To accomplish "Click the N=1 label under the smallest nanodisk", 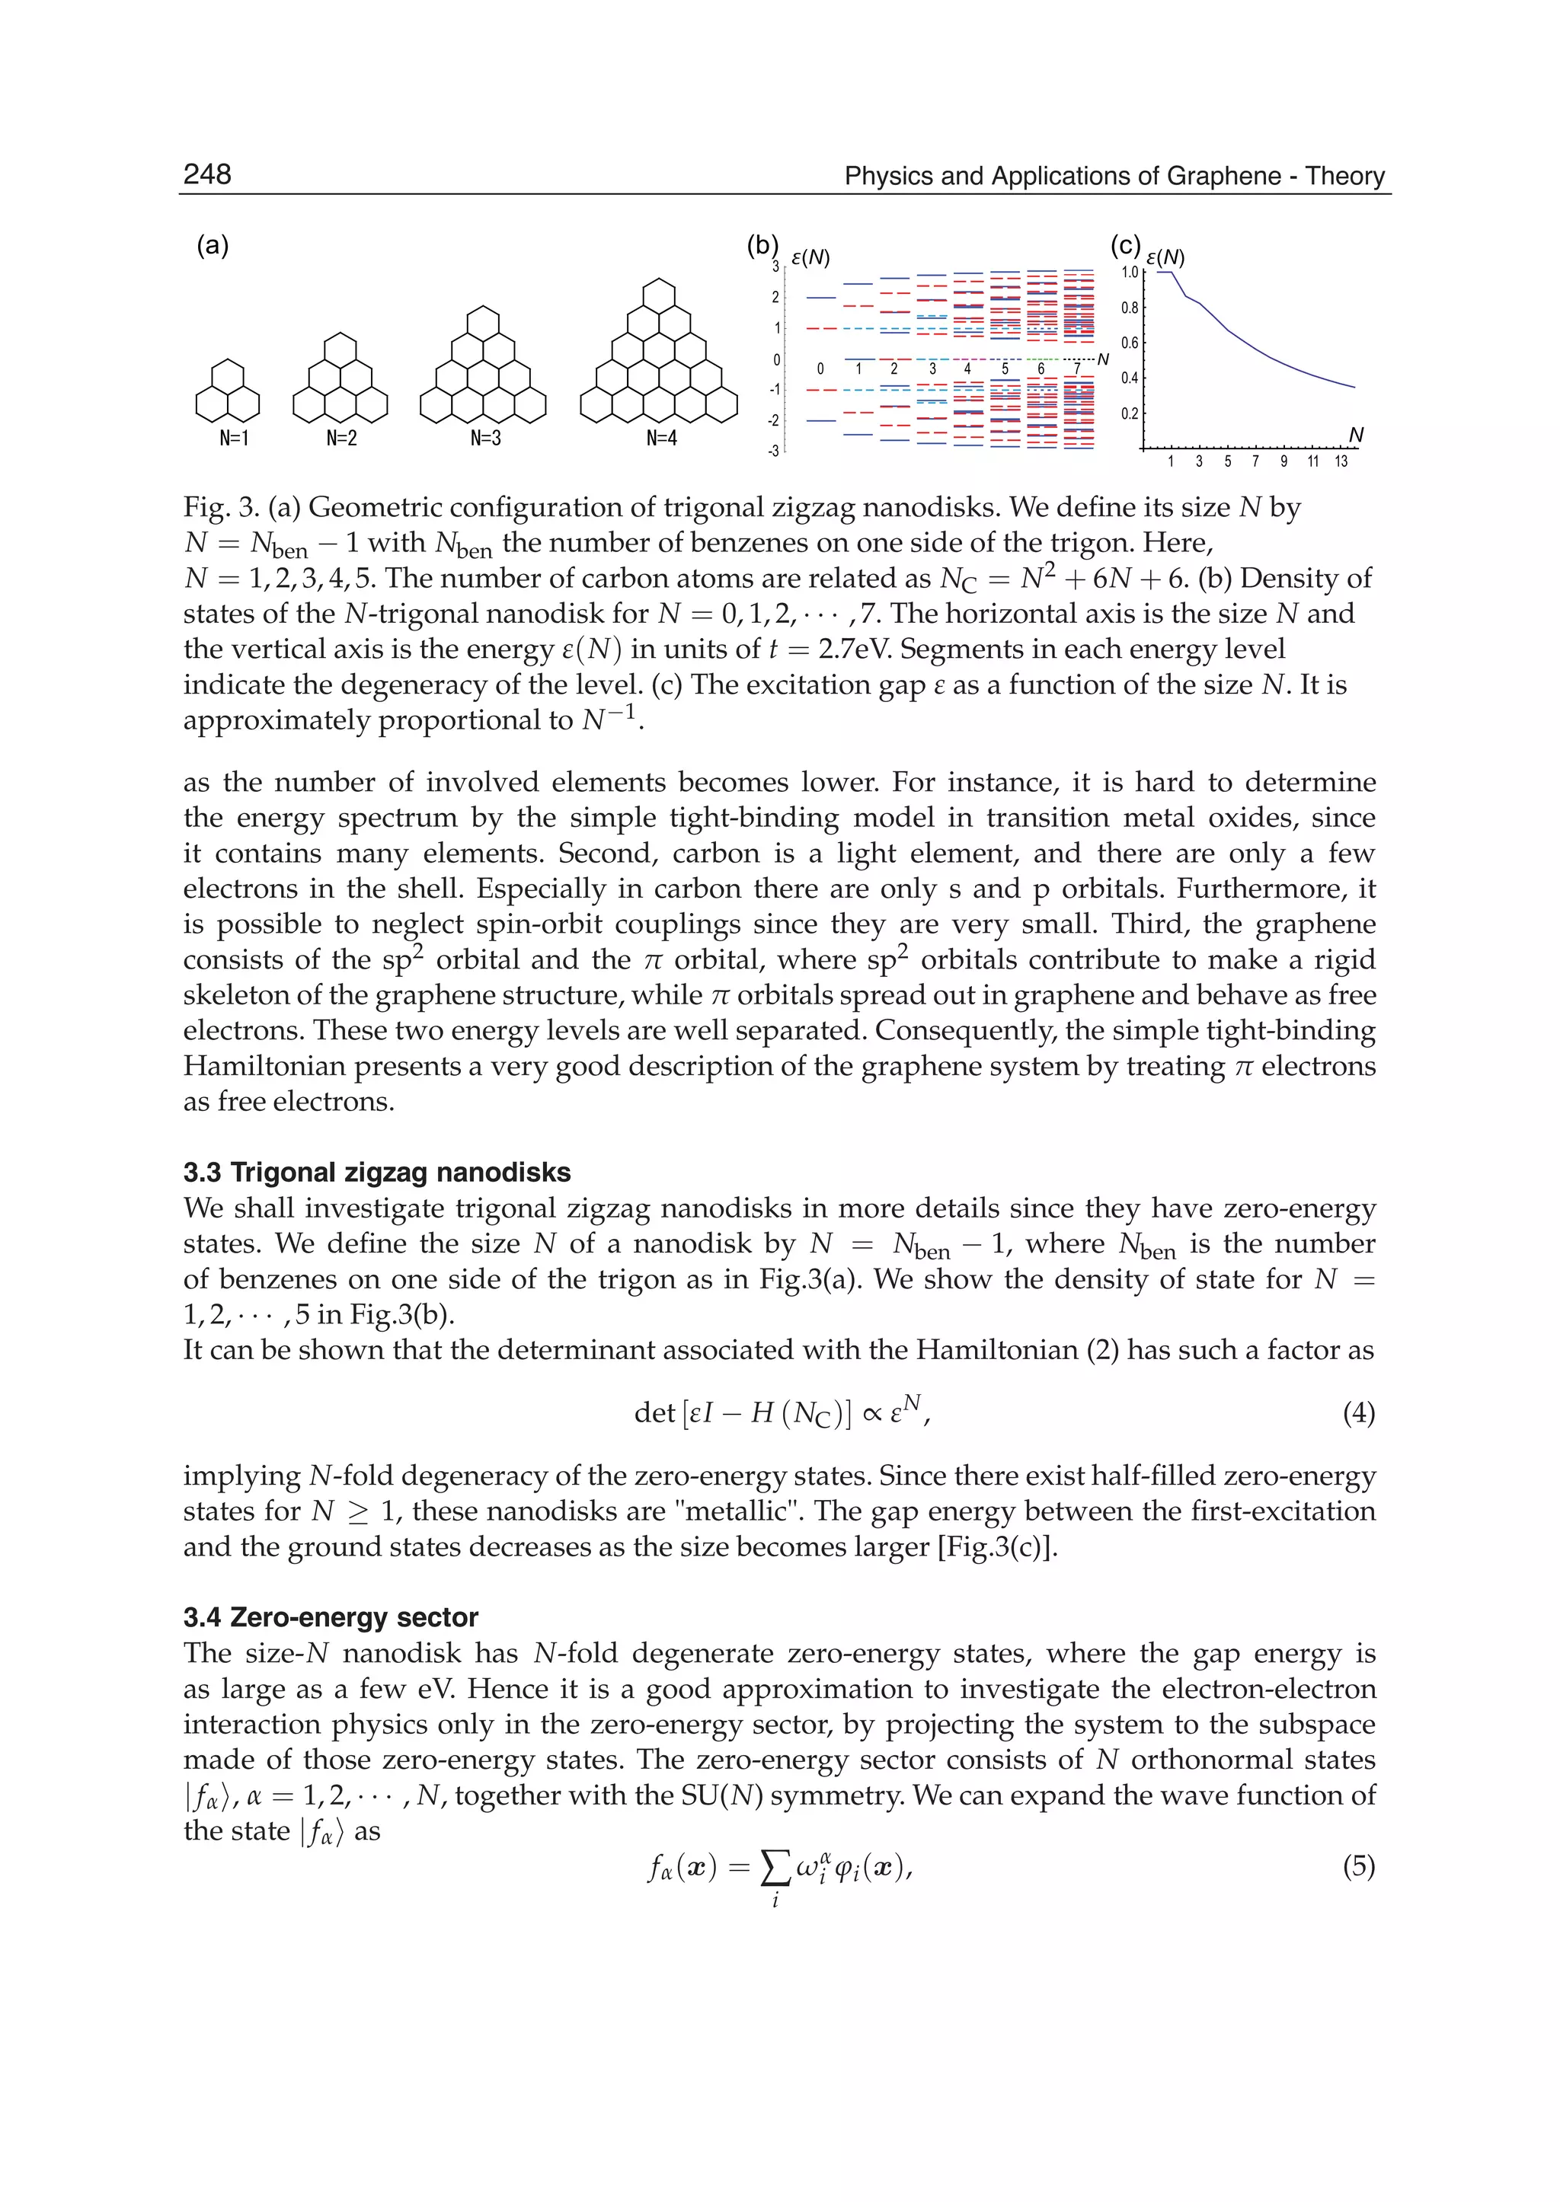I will point(233,439).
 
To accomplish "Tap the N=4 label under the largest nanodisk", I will point(662,439).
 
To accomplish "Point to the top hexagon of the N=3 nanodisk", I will point(483,323).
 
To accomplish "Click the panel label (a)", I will point(213,246).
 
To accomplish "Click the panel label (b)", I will point(762,246).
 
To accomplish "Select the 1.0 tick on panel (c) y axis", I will point(1130,273).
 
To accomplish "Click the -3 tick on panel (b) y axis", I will point(774,451).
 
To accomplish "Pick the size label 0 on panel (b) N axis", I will point(820,369).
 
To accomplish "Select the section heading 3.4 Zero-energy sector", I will point(331,1617).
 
